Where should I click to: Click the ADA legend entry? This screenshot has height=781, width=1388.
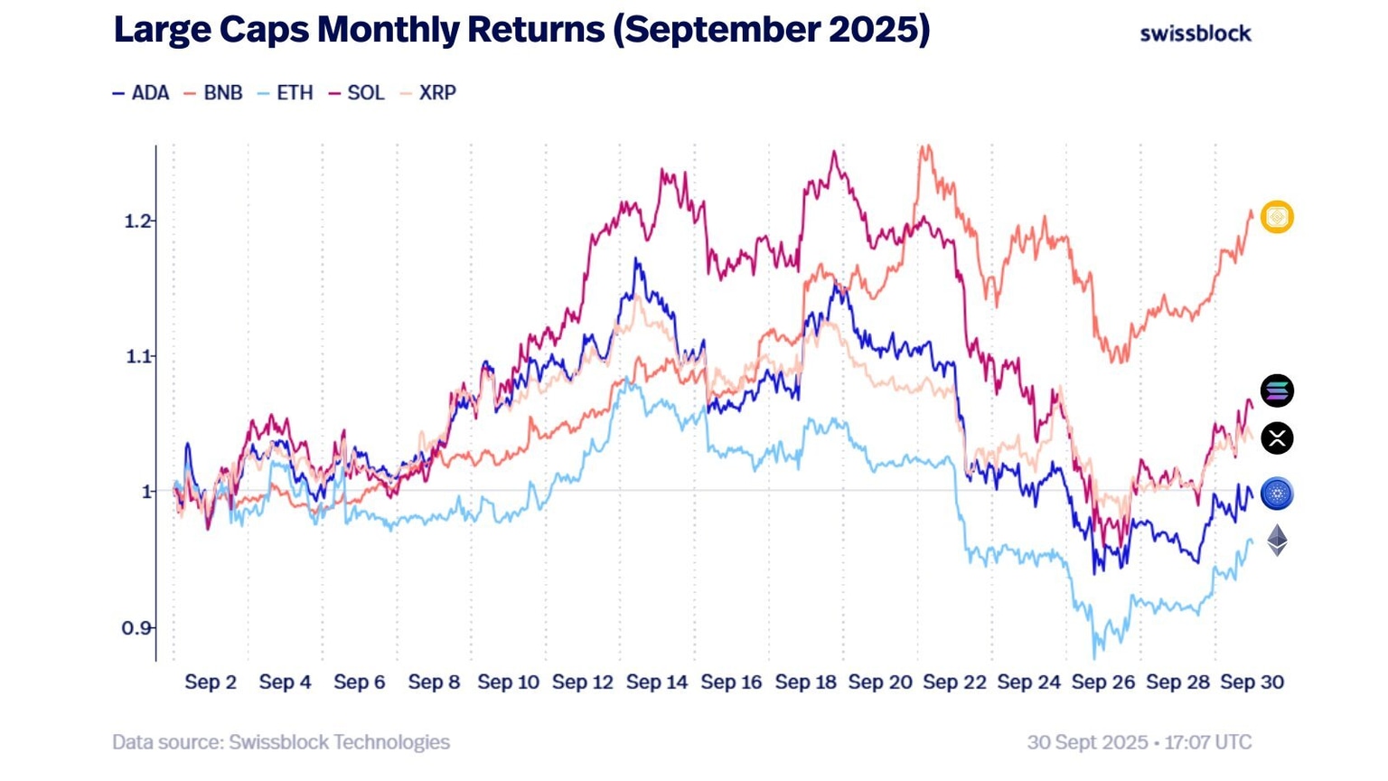pyautogui.click(x=143, y=93)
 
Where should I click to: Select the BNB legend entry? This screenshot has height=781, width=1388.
pyautogui.click(x=214, y=93)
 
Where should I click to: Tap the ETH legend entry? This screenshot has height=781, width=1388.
pyautogui.click(x=286, y=93)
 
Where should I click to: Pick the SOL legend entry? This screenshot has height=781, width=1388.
pyautogui.click(x=358, y=93)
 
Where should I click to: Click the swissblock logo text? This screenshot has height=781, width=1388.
pyautogui.click(x=1195, y=33)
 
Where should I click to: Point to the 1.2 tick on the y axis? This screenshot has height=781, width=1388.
pyautogui.click(x=138, y=221)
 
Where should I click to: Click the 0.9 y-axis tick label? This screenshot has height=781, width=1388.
pyautogui.click(x=138, y=628)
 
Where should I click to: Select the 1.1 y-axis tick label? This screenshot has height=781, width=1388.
pyautogui.click(x=138, y=357)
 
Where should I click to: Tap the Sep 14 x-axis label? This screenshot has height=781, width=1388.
pyautogui.click(x=657, y=682)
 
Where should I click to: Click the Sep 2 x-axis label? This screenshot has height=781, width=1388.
pyautogui.click(x=211, y=682)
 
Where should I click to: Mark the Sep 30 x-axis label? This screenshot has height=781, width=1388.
pyautogui.click(x=1252, y=682)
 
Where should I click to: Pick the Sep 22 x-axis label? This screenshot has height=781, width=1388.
pyautogui.click(x=954, y=682)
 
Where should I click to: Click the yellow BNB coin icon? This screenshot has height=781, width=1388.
pyautogui.click(x=1277, y=217)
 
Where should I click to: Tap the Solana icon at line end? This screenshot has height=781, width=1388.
pyautogui.click(x=1277, y=390)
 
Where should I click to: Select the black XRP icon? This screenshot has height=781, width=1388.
pyautogui.click(x=1277, y=438)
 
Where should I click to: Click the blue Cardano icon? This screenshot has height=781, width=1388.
pyautogui.click(x=1277, y=494)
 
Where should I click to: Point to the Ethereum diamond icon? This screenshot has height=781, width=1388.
pyautogui.click(x=1277, y=540)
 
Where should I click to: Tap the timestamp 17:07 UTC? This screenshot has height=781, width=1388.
pyautogui.click(x=1207, y=743)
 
